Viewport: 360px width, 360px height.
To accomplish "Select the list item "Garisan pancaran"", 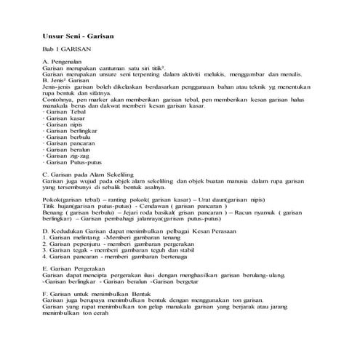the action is [x=68, y=143].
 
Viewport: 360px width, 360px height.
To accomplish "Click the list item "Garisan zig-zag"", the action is [x=66, y=156].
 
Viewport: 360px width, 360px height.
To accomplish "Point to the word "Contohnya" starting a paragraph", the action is [x=57, y=99].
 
